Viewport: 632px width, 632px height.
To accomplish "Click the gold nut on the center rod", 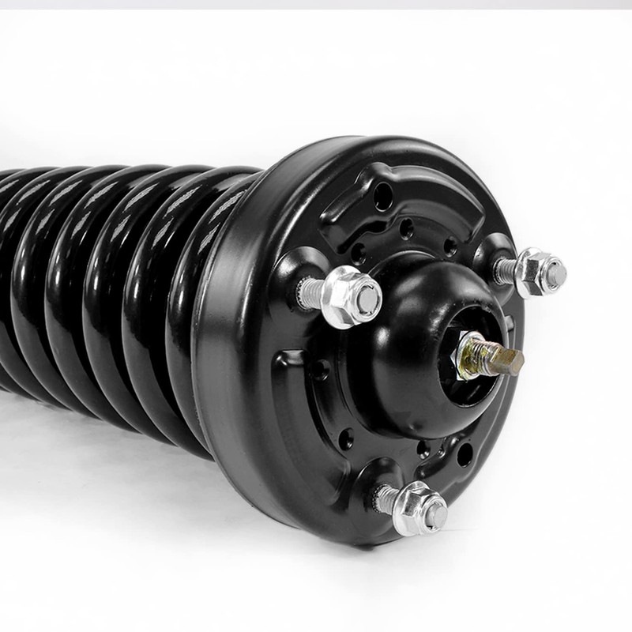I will point(472,348).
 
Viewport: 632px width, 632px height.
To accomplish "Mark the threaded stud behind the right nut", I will point(506,270).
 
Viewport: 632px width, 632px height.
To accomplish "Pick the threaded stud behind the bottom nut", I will point(387,498).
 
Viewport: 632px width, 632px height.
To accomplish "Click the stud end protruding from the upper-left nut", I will point(367,299).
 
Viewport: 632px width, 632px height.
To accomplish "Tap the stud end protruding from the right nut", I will point(555,273).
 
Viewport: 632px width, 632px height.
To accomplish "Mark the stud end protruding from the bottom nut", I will point(434,513).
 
